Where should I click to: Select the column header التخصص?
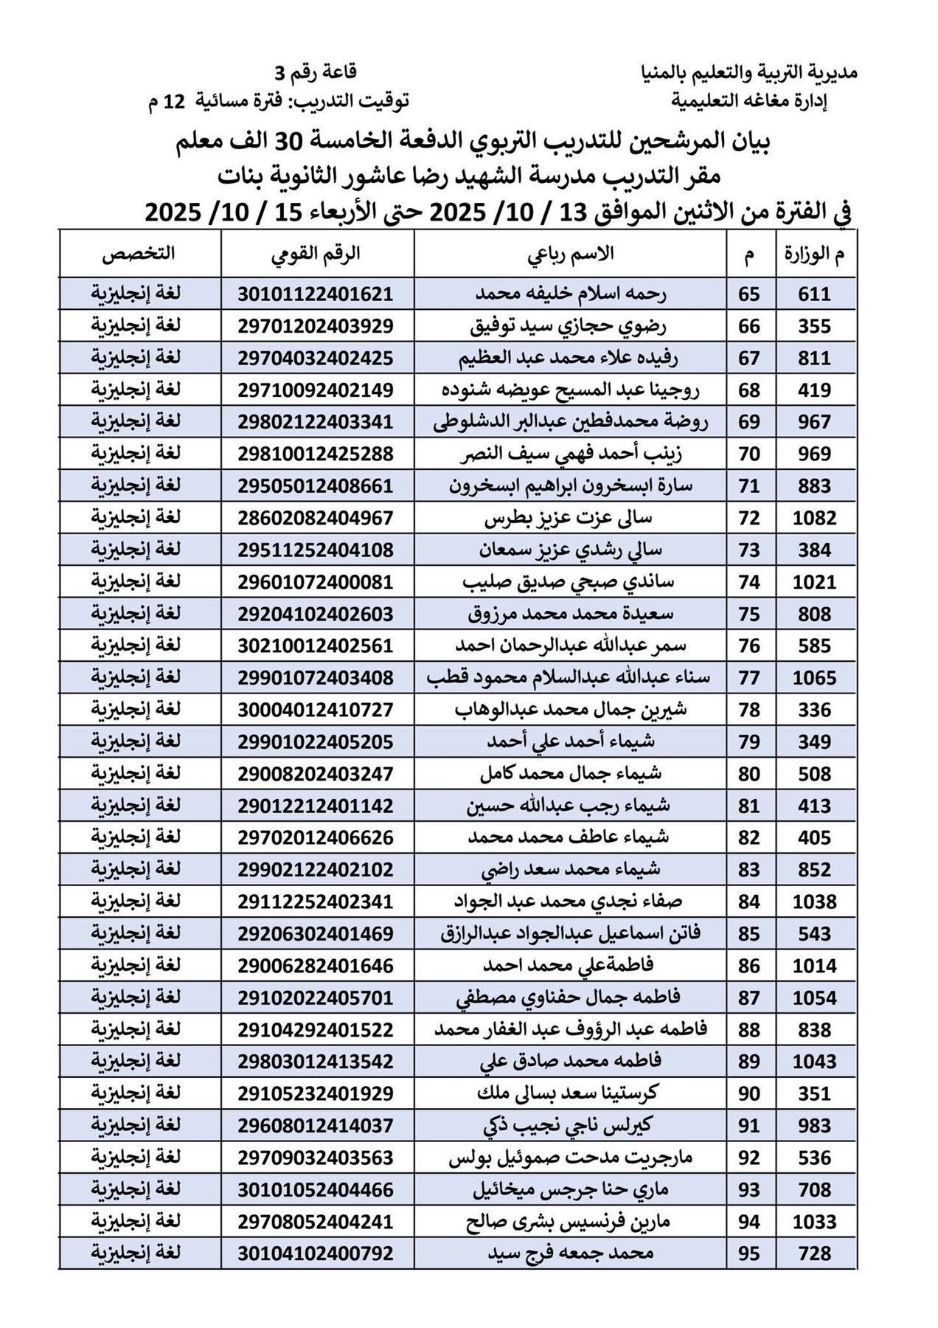(x=138, y=254)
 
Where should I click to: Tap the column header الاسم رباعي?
(x=570, y=254)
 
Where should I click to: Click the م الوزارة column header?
(x=815, y=254)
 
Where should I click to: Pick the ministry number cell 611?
(x=814, y=294)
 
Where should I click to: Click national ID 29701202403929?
(x=316, y=325)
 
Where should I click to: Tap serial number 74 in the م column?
(x=749, y=582)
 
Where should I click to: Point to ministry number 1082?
(x=814, y=518)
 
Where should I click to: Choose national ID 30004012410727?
(x=316, y=710)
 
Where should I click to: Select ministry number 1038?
(x=814, y=902)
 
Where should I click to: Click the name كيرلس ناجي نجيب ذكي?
(x=570, y=1126)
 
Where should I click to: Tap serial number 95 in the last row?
(x=749, y=1253)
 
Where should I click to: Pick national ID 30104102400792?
(x=316, y=1253)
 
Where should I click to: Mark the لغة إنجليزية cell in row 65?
(x=136, y=294)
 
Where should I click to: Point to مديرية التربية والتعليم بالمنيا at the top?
(x=748, y=72)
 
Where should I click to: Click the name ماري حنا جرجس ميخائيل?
(x=570, y=1189)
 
